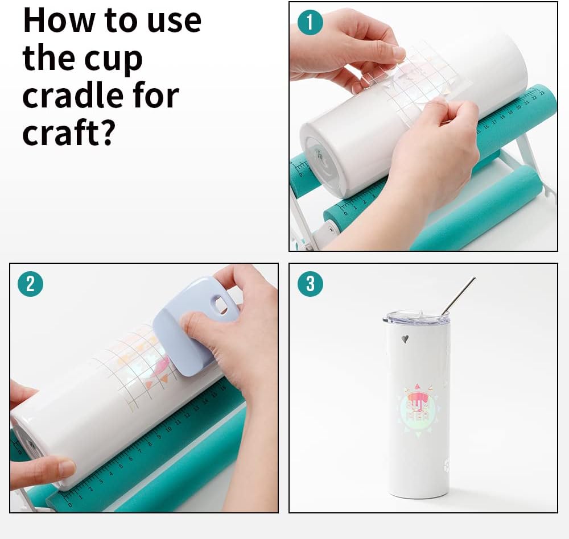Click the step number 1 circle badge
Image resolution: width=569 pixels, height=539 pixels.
(x=310, y=22)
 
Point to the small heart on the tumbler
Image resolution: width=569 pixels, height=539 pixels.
(x=405, y=339)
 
